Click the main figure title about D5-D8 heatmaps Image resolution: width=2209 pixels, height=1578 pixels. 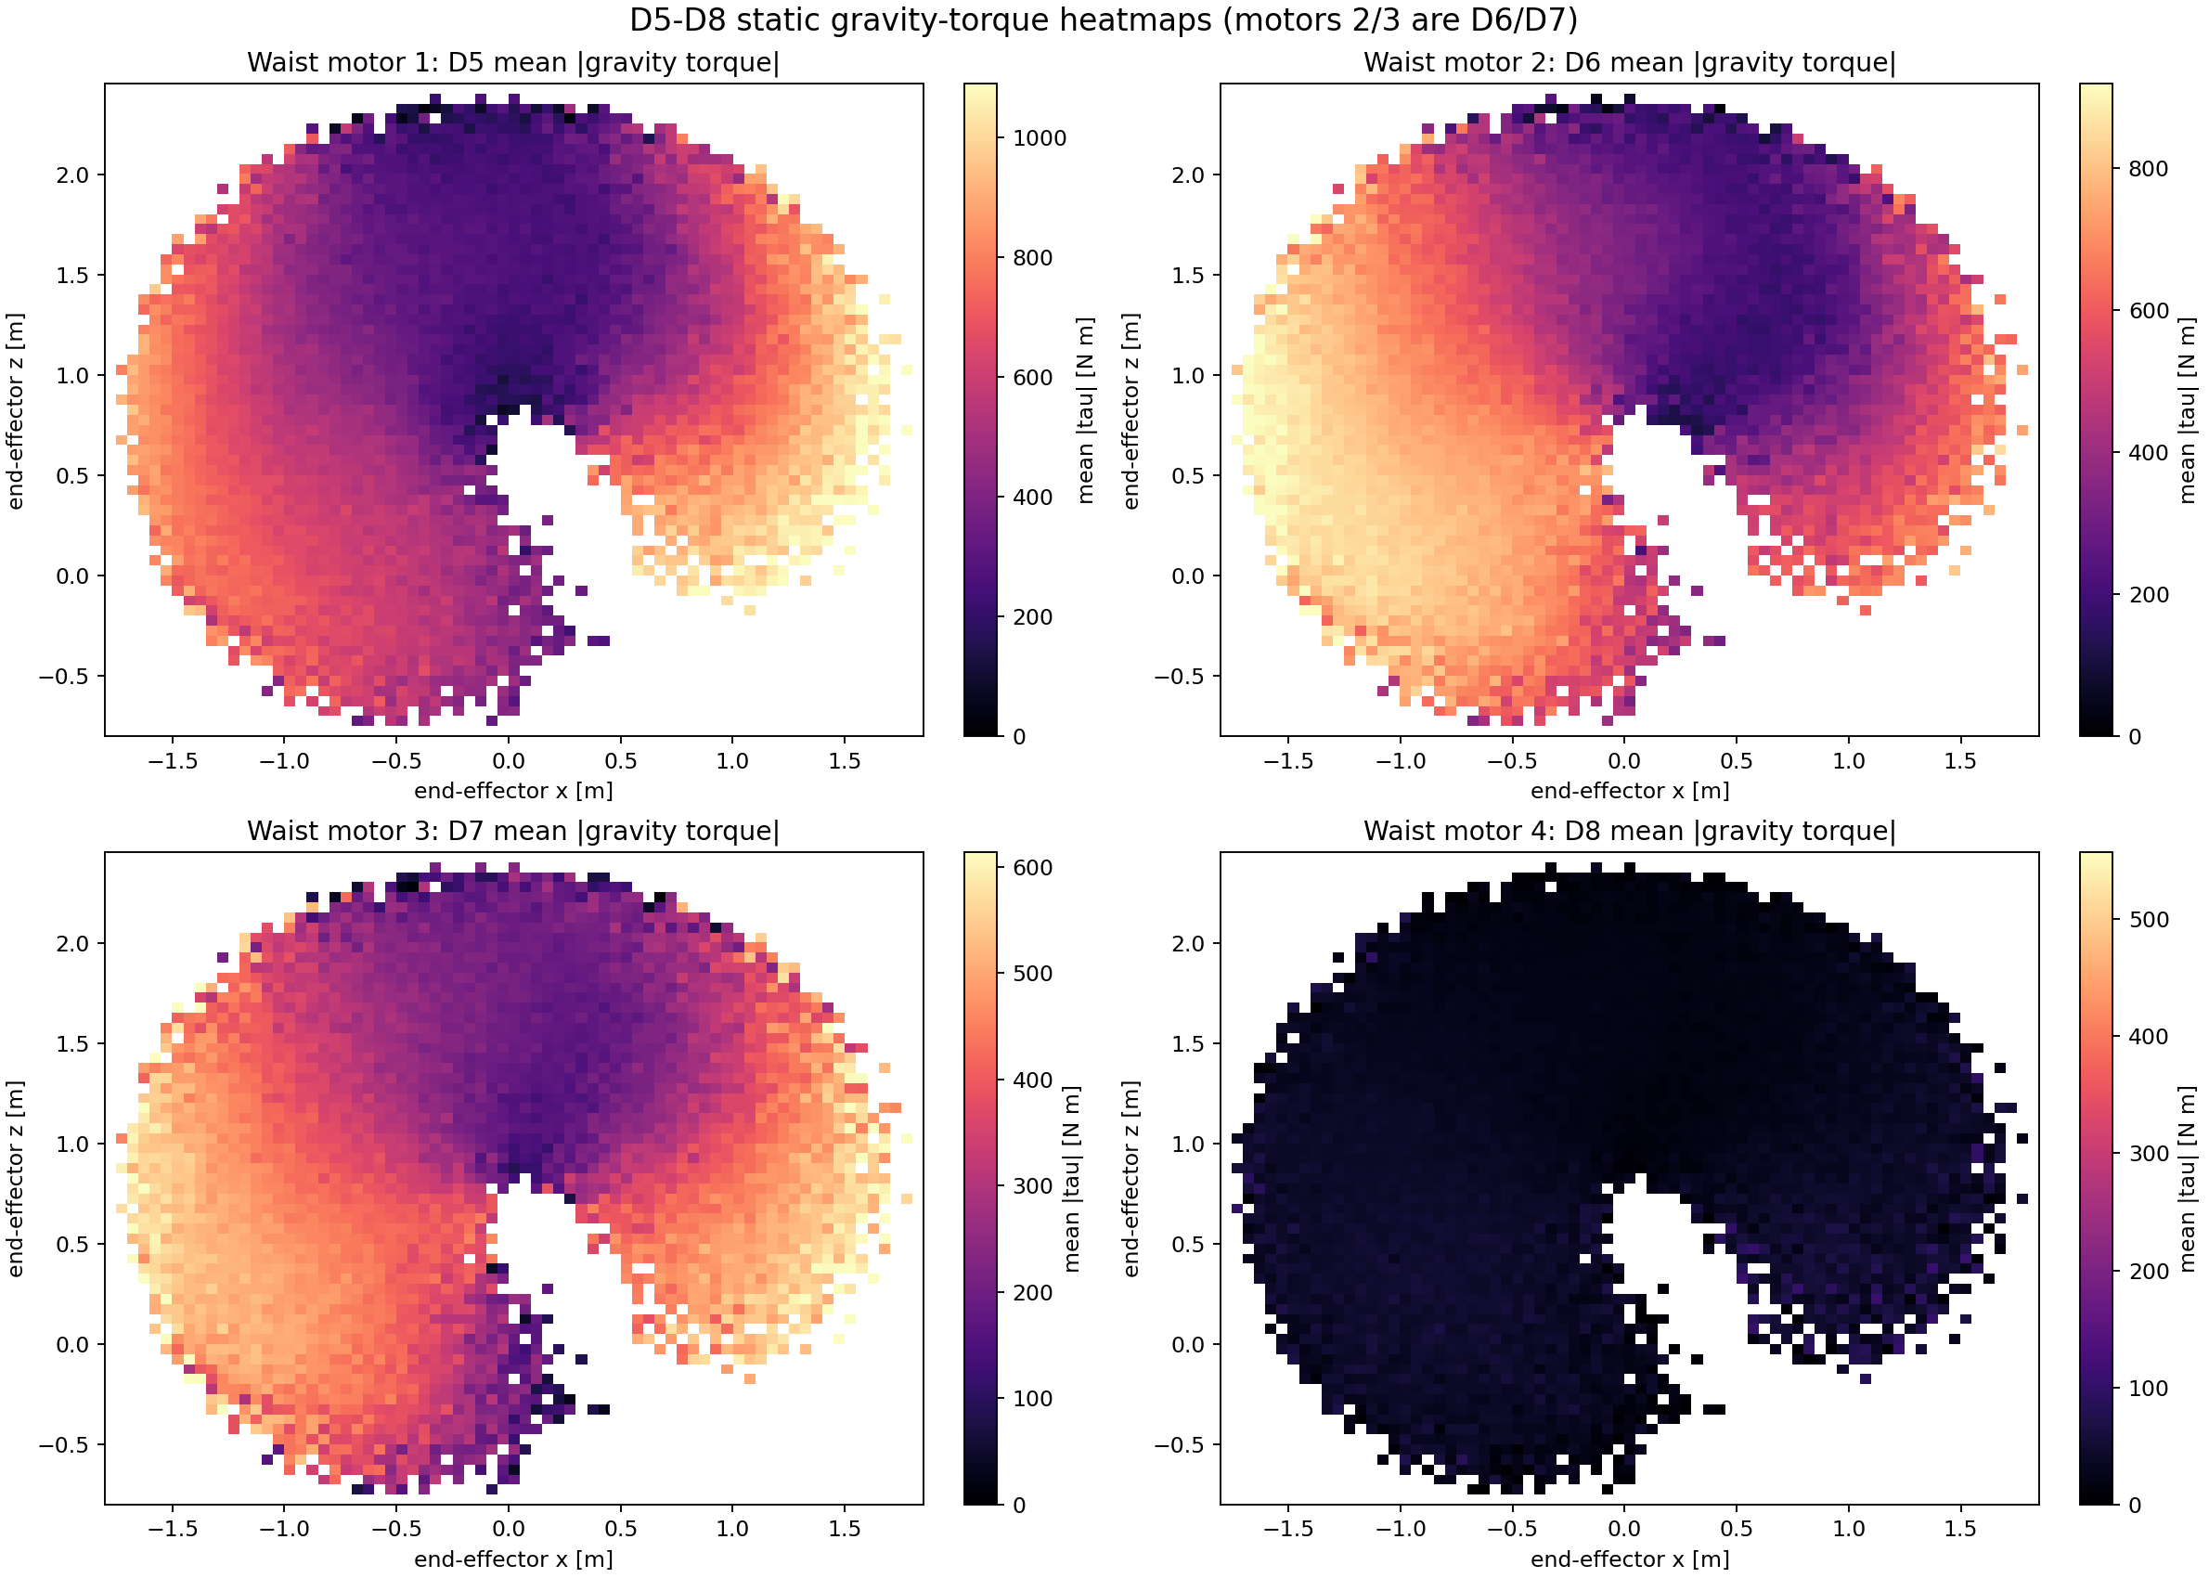[1104, 19]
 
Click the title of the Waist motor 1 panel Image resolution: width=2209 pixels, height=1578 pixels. [513, 62]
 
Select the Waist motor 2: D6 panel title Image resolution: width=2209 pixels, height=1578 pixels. [1629, 62]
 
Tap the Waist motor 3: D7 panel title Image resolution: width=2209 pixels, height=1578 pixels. [513, 831]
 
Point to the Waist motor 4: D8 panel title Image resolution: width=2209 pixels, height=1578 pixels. [1629, 831]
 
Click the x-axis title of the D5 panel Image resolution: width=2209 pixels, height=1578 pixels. [513, 791]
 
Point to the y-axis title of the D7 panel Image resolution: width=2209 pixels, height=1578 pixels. [16, 1179]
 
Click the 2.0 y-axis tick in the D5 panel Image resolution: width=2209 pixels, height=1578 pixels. [72, 175]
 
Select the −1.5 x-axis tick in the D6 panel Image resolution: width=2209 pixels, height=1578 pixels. [1287, 761]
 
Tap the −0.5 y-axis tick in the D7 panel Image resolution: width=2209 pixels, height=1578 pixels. [64, 1445]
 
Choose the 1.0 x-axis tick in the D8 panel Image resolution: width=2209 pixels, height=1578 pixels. [1849, 1530]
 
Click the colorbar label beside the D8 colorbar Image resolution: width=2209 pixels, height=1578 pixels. [2187, 1179]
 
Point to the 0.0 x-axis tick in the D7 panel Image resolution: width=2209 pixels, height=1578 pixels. [508, 1530]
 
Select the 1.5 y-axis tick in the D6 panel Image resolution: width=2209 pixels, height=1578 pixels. [1188, 275]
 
